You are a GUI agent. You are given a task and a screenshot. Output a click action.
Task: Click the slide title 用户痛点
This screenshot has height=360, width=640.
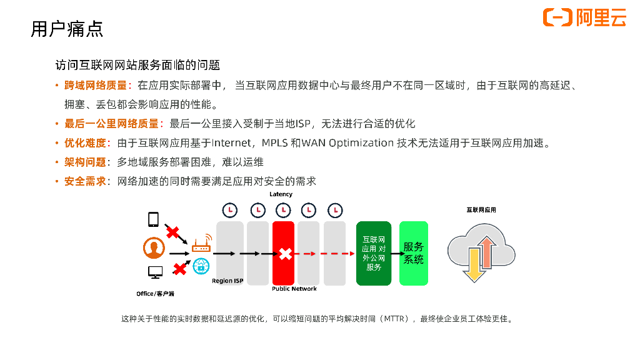coord(67,29)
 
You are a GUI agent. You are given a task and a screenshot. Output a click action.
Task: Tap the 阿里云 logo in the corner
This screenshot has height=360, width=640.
coord(584,17)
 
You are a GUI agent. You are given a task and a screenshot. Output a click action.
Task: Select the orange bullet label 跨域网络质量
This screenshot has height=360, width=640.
coord(96,86)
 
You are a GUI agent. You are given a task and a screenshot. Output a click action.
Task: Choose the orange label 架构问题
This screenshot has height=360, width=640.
coord(85,162)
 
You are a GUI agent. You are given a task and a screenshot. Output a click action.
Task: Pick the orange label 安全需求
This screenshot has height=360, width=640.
coord(85,181)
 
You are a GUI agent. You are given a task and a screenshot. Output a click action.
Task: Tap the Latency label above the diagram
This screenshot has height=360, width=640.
coord(281,194)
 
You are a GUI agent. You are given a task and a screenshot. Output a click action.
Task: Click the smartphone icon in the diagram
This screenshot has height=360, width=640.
coord(153,220)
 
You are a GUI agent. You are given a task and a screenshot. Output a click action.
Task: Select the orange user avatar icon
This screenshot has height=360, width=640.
coord(154,248)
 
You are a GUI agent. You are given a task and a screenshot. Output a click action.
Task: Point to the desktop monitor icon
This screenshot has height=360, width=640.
coord(155,272)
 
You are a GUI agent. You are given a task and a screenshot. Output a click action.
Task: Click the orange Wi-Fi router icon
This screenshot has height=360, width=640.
coord(201,244)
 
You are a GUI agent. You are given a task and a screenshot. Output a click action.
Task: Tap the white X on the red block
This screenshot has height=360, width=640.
coord(285,254)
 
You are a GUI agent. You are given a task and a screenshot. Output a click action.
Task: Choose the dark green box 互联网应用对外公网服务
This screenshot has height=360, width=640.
coord(374,253)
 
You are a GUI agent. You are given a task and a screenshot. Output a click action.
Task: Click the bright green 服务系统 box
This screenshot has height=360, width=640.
coord(414,253)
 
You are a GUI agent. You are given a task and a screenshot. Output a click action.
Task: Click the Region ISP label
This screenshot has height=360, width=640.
coord(227,281)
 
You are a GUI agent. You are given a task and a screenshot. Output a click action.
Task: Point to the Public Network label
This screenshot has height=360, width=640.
coord(294,289)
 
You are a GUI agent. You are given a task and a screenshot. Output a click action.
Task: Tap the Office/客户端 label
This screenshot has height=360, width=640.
coord(155,293)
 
